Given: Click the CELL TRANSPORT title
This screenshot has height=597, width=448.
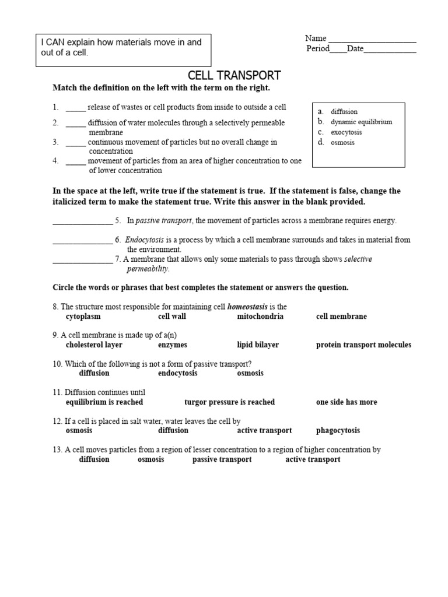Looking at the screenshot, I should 234,76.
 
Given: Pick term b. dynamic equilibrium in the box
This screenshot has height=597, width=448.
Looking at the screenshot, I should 360,122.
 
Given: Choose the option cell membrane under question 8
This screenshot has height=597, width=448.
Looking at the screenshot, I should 341,317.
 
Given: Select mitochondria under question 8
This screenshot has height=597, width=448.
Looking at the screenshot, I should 260,317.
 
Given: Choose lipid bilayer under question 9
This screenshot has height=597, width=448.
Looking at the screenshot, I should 258,345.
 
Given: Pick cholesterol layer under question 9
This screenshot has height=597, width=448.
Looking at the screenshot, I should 94,345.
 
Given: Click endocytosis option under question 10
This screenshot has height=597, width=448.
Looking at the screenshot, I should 177,373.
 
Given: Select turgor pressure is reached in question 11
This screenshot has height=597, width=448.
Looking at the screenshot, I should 229,402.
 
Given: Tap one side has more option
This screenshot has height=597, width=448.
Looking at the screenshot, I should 346,402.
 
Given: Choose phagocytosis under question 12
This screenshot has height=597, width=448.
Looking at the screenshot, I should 338,431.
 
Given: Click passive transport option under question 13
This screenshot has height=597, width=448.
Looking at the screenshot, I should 222,459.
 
